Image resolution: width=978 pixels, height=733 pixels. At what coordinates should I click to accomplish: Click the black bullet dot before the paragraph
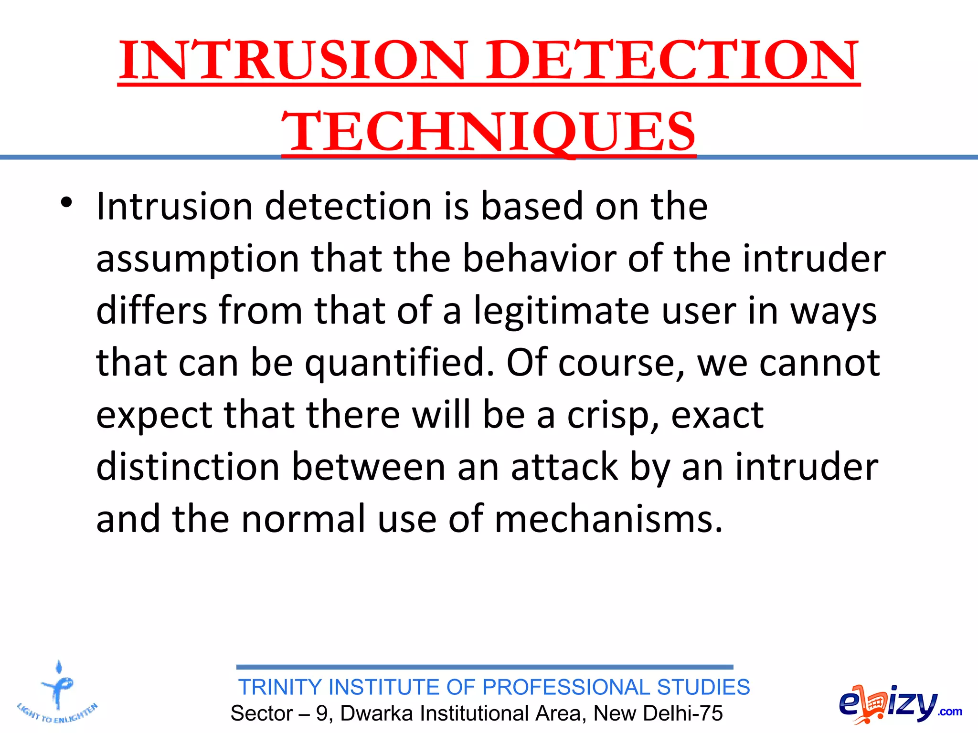[66, 202]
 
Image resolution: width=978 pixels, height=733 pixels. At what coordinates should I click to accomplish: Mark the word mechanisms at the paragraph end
[608, 519]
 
